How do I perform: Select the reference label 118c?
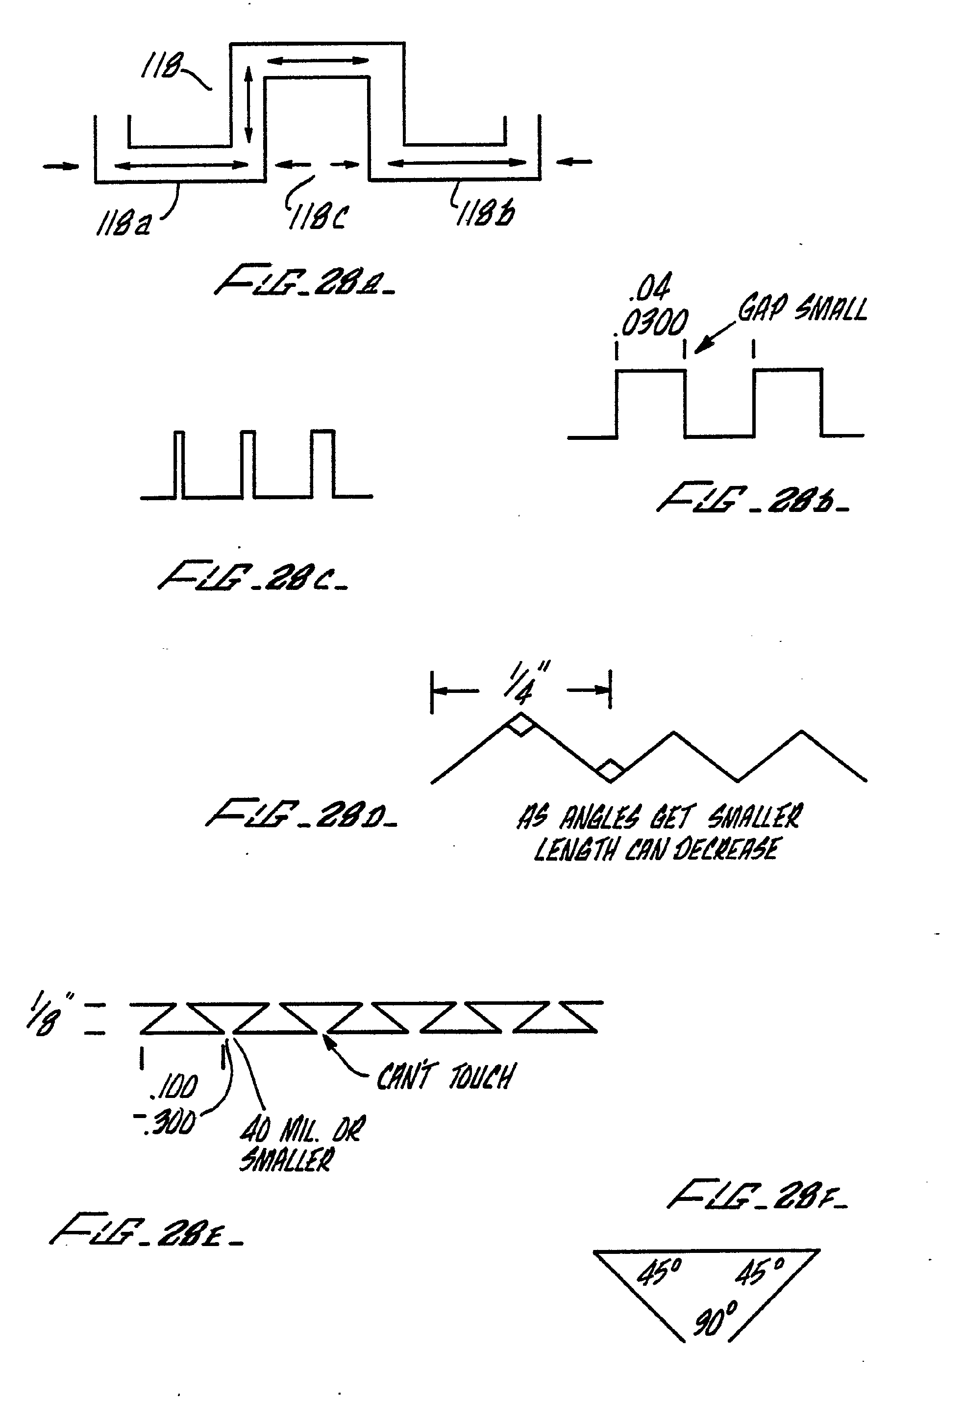[x=318, y=216]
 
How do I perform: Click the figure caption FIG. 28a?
[x=305, y=280]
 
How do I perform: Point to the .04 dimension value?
[x=649, y=288]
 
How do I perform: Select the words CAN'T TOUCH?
[x=446, y=1076]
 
